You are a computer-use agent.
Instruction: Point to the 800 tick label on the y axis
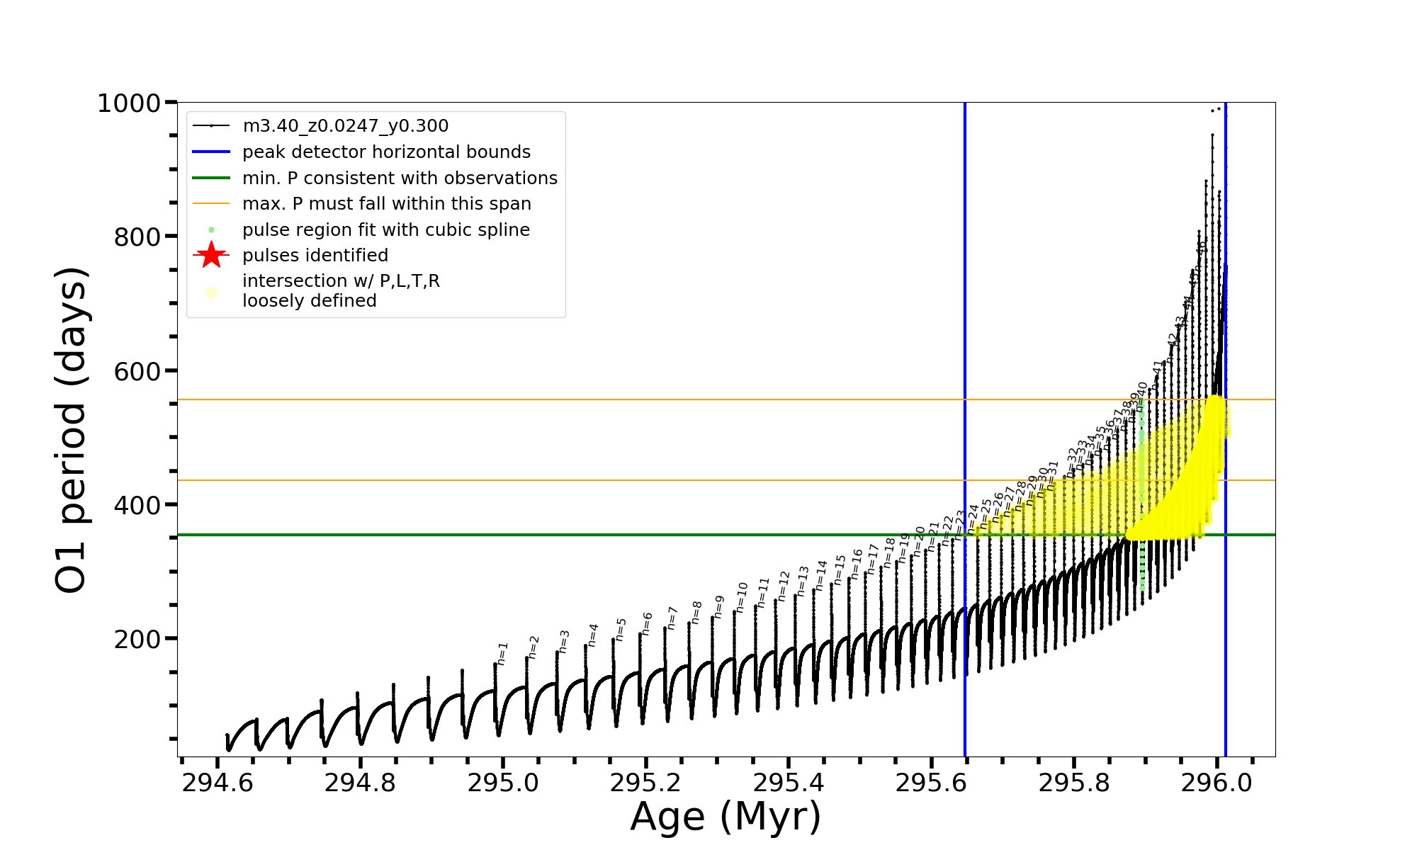137,237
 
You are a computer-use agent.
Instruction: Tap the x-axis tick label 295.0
503,783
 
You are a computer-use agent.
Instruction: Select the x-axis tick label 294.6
217,783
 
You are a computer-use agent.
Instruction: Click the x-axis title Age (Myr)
726,817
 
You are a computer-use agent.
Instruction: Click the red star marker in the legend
211,255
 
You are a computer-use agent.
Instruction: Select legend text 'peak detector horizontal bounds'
386,152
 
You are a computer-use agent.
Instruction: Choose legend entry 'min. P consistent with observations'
400,178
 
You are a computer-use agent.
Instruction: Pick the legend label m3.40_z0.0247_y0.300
345,126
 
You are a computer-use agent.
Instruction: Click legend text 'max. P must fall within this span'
386,204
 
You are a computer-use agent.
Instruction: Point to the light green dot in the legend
211,230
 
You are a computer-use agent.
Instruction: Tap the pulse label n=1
502,654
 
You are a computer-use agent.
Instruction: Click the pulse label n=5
621,630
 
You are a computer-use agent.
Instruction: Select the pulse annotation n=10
741,598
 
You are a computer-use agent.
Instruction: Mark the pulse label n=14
821,576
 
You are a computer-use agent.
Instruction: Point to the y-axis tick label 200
137,640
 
